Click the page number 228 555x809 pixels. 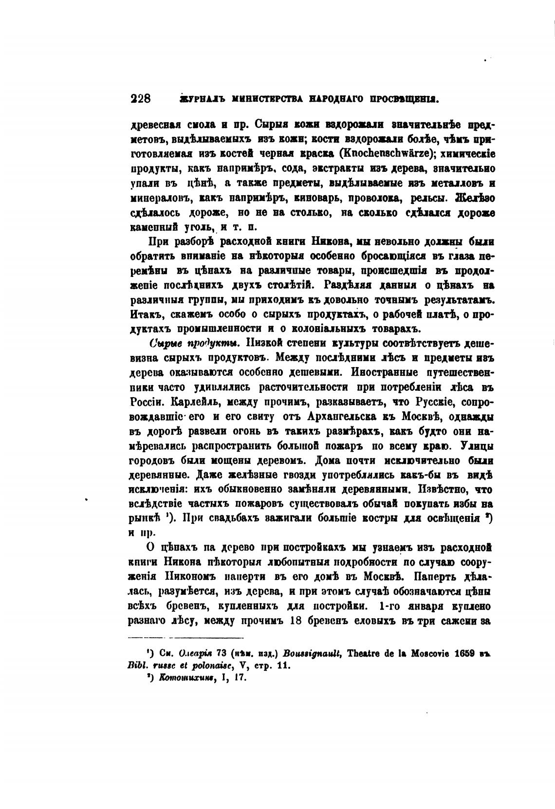(141, 99)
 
